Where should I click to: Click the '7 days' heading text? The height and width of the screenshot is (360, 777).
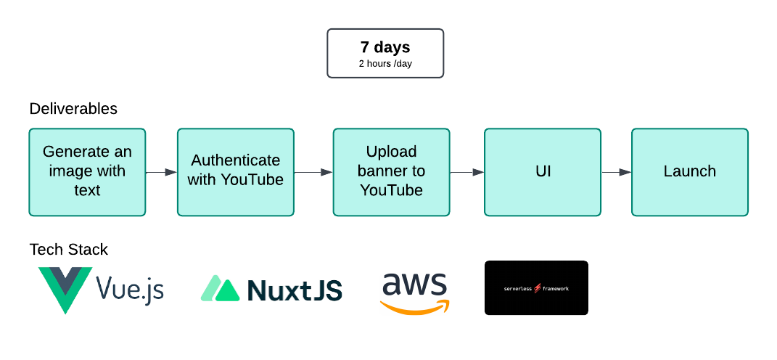(x=385, y=47)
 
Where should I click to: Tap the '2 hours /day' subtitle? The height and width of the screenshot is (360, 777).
(x=385, y=63)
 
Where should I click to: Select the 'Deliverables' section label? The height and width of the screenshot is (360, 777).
(x=73, y=109)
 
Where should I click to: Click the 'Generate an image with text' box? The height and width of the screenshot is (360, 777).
(x=87, y=172)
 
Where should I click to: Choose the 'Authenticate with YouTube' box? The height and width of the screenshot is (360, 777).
(x=236, y=172)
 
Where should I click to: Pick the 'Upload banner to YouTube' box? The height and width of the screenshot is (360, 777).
(x=391, y=172)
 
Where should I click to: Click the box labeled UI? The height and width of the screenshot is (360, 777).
(x=543, y=172)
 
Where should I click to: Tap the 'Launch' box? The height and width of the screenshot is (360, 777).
(x=689, y=172)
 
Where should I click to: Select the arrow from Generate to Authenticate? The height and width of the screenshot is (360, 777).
(x=161, y=173)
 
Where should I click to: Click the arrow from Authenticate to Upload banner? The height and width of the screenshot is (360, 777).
(x=313, y=173)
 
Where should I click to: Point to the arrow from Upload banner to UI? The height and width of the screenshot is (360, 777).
(x=467, y=173)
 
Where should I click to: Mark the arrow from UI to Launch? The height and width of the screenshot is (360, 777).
(x=616, y=173)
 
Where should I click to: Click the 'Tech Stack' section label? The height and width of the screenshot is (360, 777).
(x=68, y=250)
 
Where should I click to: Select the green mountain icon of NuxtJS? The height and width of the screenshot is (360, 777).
(x=220, y=289)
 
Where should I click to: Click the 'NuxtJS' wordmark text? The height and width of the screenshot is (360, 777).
(x=295, y=290)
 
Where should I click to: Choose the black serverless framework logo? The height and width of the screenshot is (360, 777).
(x=536, y=288)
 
